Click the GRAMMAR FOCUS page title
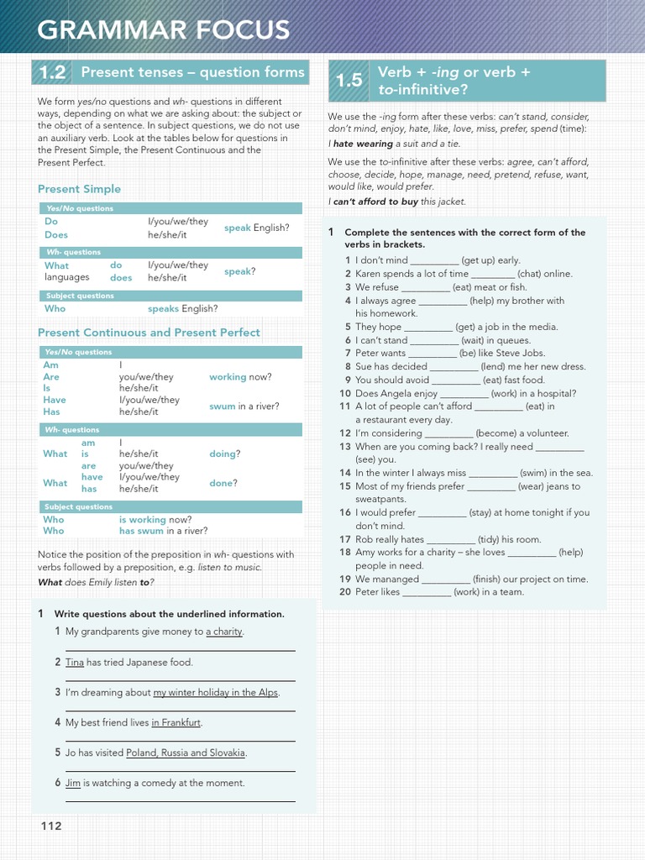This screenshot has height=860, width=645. [164, 31]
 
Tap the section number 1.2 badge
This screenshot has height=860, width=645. [52, 73]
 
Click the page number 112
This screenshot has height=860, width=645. [52, 826]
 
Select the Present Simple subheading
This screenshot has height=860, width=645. [79, 189]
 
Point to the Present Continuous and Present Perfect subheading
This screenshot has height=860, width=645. [149, 333]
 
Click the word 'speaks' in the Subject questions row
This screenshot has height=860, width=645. [164, 308]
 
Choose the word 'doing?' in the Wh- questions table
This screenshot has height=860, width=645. [224, 454]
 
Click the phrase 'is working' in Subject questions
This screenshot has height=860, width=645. [142, 520]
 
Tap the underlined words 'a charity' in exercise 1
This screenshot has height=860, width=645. [224, 632]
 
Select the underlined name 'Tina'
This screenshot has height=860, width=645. [75, 662]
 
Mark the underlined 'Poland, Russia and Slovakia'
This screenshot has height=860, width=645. [186, 752]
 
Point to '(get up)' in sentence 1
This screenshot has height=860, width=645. [478, 260]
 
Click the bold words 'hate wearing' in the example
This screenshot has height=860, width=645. [363, 144]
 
